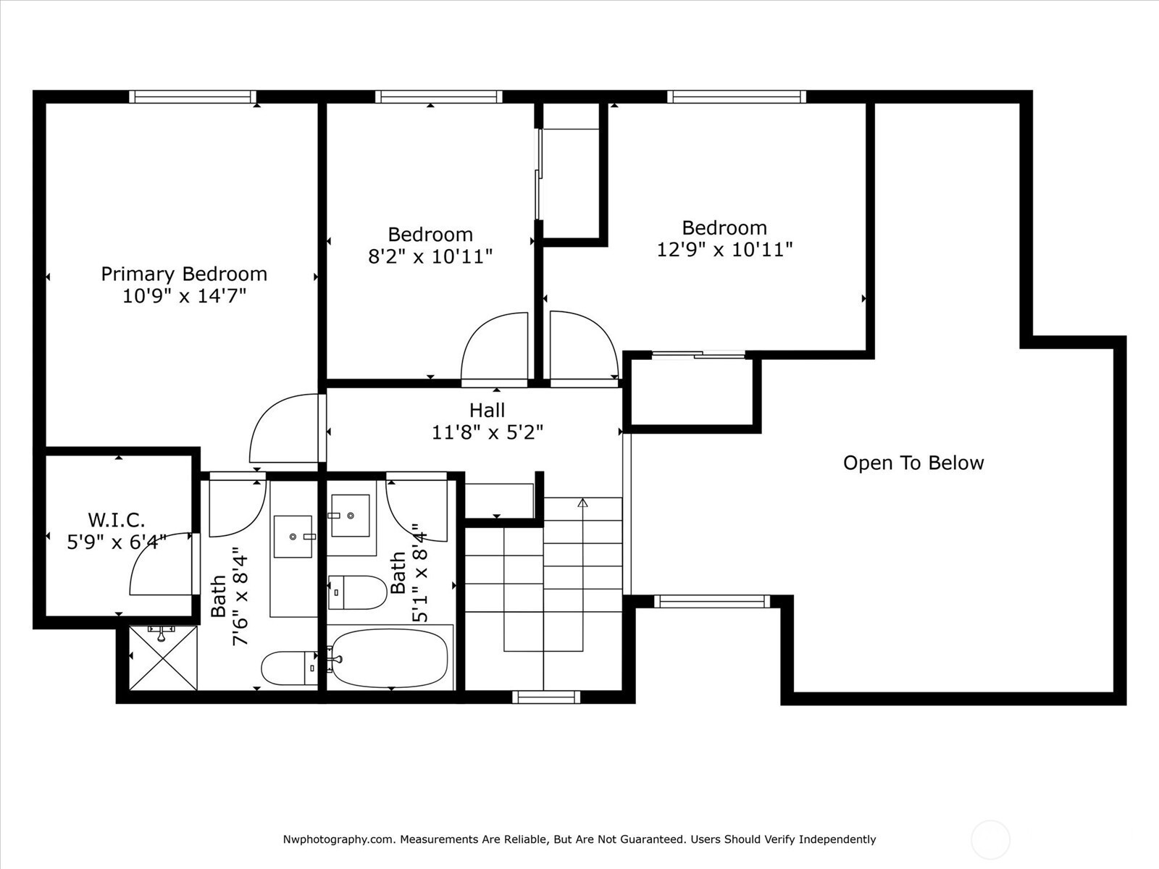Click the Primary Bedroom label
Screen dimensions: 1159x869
click(x=184, y=274)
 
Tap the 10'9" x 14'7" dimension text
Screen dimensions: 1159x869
click(x=184, y=296)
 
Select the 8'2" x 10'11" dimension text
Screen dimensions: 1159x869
click(x=430, y=257)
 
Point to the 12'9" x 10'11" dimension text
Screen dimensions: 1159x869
click(x=724, y=250)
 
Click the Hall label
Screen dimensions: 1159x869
click(x=488, y=410)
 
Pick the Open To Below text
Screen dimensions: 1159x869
click(x=913, y=463)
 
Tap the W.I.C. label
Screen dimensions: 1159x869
click(x=116, y=520)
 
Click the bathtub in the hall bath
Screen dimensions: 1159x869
click(x=390, y=658)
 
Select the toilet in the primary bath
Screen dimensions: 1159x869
click(x=289, y=668)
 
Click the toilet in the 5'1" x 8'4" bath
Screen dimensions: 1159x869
click(x=357, y=592)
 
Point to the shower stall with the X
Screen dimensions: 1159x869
click(x=163, y=658)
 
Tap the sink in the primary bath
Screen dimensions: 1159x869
click(x=293, y=537)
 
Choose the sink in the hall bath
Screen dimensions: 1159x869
click(x=350, y=516)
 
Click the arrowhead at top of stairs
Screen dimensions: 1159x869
click(x=582, y=503)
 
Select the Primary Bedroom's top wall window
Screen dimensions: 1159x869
click(x=193, y=96)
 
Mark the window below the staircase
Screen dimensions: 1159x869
click(x=546, y=697)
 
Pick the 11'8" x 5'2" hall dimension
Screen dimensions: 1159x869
click(x=488, y=432)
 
